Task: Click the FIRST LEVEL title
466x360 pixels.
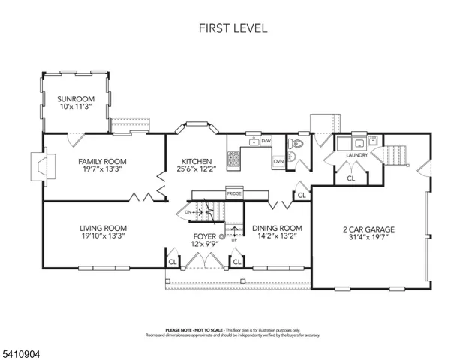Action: (232, 28)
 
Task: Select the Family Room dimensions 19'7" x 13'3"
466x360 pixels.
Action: (102, 169)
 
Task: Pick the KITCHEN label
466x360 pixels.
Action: (195, 161)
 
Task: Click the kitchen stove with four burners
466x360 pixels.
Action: (233, 158)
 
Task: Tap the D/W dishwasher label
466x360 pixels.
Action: (266, 140)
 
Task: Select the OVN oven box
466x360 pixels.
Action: (278, 161)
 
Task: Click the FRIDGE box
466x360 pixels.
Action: (233, 194)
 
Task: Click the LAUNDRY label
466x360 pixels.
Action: (356, 155)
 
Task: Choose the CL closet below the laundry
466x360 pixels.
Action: (350, 178)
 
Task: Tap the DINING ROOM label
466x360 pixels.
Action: (277, 228)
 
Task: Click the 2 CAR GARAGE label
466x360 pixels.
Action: (368, 229)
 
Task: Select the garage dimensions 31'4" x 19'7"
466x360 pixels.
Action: (368, 238)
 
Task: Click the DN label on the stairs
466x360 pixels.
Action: (188, 212)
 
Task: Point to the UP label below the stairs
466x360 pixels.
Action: (233, 239)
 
